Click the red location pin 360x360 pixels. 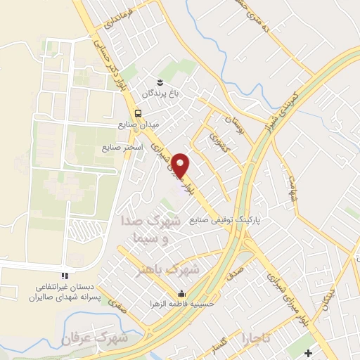[x=181, y=165]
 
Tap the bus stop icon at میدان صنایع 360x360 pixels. [x=138, y=112]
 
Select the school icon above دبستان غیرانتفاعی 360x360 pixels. [x=64, y=275]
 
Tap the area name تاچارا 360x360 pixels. [x=257, y=328]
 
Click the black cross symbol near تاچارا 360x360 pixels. [x=309, y=352]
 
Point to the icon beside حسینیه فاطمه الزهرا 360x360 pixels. [x=183, y=293]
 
